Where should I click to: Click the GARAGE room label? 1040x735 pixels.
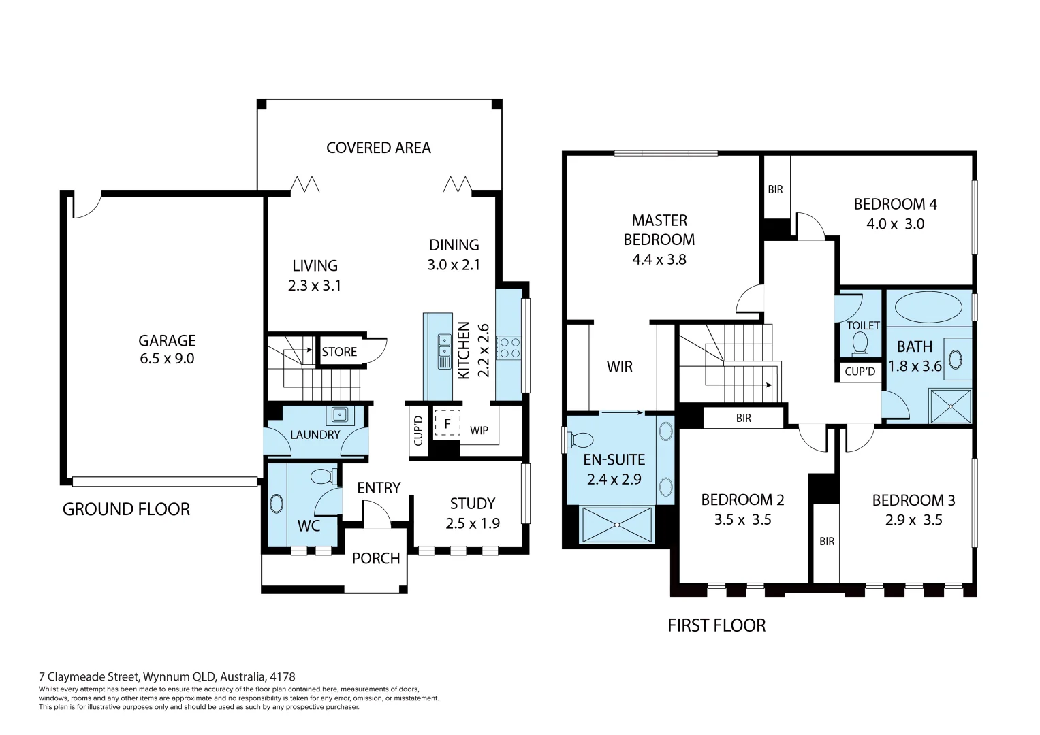[x=167, y=340]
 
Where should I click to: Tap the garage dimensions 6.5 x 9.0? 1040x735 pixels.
[x=167, y=358]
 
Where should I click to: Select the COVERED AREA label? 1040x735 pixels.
[x=379, y=148]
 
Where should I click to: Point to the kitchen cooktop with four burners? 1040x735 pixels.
[x=509, y=348]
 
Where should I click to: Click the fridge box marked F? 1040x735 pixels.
[x=447, y=423]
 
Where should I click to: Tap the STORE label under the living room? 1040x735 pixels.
[x=339, y=352]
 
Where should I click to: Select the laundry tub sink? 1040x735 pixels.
[x=340, y=414]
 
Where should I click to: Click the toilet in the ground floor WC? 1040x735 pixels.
[x=324, y=476]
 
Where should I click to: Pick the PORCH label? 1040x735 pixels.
[x=375, y=558]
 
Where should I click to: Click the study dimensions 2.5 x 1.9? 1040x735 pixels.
[x=473, y=523]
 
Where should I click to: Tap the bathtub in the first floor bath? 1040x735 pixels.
[x=928, y=307]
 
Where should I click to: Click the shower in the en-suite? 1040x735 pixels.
[x=617, y=525]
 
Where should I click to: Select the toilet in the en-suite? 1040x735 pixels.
[x=579, y=440]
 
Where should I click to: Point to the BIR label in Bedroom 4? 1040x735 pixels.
[x=775, y=189]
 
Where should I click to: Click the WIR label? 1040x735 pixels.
[x=619, y=367]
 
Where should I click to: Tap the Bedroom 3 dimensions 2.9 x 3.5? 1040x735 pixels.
[x=914, y=520]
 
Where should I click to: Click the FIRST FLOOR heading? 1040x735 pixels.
[x=716, y=625]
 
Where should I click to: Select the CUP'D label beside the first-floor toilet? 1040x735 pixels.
[x=860, y=371]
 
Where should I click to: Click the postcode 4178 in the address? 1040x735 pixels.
[x=282, y=676]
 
